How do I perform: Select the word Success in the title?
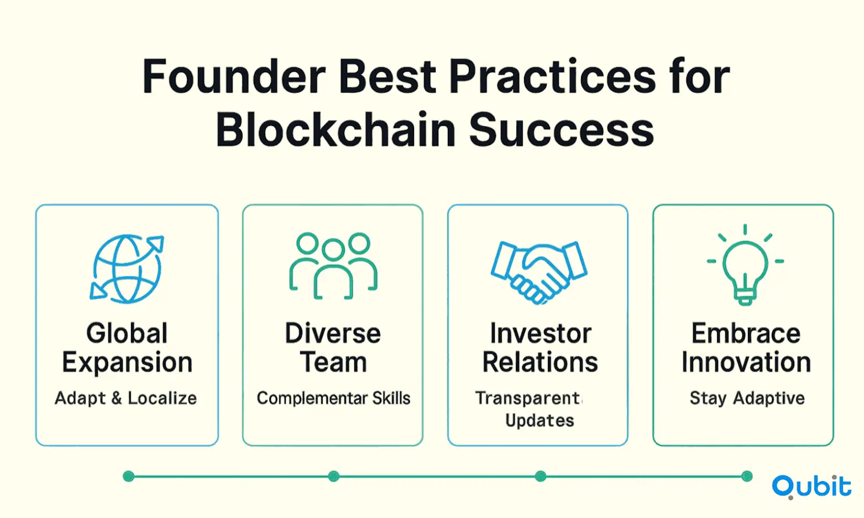click(x=561, y=129)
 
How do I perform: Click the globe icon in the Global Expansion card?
click(x=127, y=268)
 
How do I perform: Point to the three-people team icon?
click(x=333, y=266)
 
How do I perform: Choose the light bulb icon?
click(x=745, y=265)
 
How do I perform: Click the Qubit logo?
click(x=811, y=487)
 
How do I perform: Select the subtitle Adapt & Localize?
click(x=125, y=398)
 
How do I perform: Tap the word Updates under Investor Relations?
click(x=540, y=420)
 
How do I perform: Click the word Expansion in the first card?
click(x=127, y=363)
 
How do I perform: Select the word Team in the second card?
click(x=333, y=362)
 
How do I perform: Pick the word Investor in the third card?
click(x=541, y=333)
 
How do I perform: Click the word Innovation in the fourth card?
click(x=746, y=362)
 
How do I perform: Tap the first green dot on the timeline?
click(x=128, y=477)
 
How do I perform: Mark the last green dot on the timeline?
click(x=747, y=477)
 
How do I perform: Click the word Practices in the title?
click(x=552, y=76)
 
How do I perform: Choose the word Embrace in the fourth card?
click(x=746, y=333)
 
